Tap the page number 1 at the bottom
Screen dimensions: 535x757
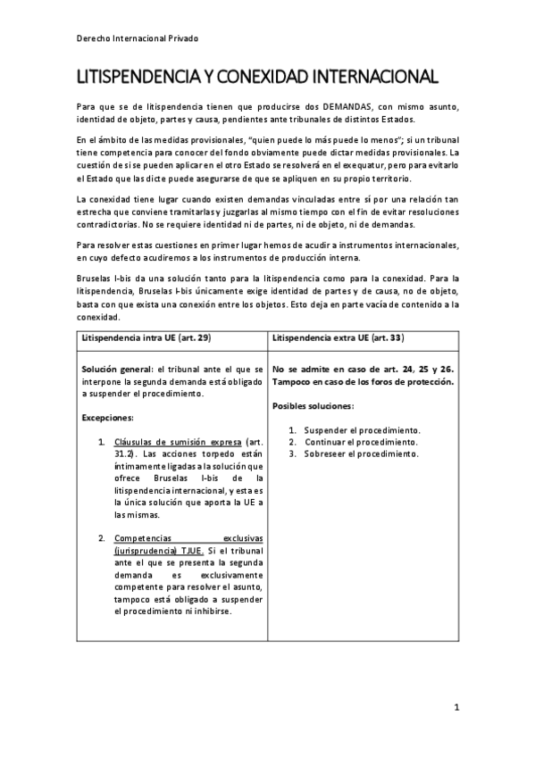(x=456, y=709)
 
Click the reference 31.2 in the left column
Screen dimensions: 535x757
(x=123, y=453)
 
